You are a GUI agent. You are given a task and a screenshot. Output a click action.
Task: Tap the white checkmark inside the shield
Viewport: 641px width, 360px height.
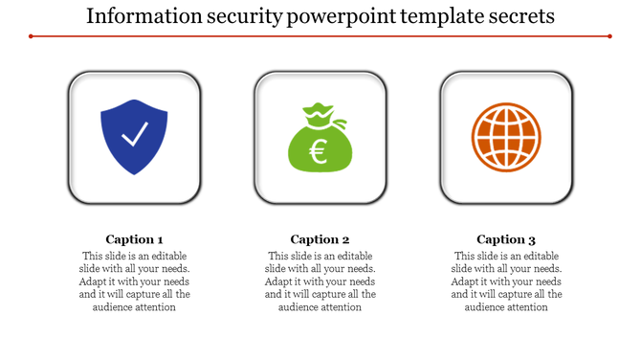pyautogui.click(x=134, y=135)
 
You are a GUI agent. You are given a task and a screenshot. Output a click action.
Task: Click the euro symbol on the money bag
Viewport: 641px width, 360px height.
pyautogui.click(x=318, y=150)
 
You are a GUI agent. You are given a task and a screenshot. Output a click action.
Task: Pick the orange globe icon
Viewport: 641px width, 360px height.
pyautogui.click(x=506, y=137)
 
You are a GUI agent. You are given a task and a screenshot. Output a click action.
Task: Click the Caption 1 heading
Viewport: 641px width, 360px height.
pyautogui.click(x=134, y=239)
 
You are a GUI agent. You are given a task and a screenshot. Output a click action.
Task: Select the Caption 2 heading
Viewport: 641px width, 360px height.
pyautogui.click(x=320, y=239)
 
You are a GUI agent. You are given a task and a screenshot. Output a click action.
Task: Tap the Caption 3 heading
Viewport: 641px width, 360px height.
pyautogui.click(x=506, y=239)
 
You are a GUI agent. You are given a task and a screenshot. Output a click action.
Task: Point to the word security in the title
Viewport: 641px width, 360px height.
pyautogui.click(x=238, y=16)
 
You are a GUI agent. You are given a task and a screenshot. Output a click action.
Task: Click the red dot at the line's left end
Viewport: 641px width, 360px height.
pyautogui.click(x=32, y=36)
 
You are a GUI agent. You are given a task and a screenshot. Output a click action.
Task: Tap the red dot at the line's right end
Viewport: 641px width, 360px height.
pyautogui.click(x=609, y=36)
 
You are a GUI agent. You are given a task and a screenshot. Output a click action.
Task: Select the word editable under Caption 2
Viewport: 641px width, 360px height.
pyautogui.click(x=353, y=257)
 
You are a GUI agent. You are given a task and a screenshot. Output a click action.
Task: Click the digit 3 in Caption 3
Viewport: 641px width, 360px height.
pyautogui.click(x=532, y=239)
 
